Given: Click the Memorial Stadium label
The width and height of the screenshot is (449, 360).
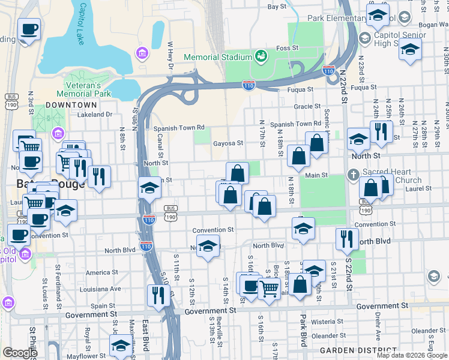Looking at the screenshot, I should (217, 57).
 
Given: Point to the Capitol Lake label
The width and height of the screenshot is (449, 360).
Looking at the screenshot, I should (80, 24).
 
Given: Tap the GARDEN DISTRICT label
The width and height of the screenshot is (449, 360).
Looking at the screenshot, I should (351, 350).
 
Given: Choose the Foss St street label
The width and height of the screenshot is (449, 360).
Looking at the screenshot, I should (286, 48).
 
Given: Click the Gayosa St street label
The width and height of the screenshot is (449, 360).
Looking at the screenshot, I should (228, 143).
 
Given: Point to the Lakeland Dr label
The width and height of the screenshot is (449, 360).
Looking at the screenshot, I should (95, 114).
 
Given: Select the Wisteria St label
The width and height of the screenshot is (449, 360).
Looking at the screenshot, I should (327, 322).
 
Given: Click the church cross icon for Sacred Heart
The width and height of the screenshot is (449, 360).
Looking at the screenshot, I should (354, 175).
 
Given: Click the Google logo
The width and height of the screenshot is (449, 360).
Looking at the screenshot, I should (20, 352).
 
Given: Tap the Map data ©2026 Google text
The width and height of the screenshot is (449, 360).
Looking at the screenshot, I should (411, 355).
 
